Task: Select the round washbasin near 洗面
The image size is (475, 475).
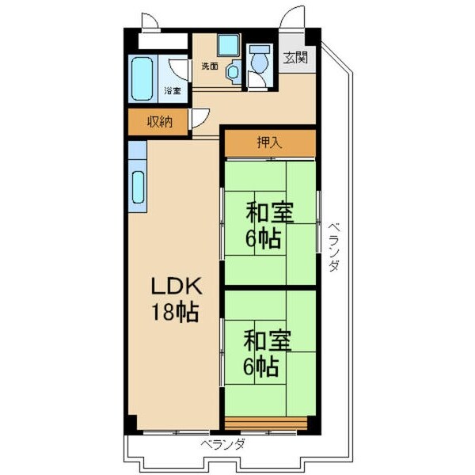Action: tap(232, 73)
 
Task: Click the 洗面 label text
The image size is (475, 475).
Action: tap(210, 66)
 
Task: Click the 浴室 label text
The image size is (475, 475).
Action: tap(172, 90)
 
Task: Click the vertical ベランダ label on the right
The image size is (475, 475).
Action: tap(333, 246)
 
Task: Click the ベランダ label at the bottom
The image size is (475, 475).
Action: tap(222, 444)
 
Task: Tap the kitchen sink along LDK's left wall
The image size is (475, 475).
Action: tap(137, 187)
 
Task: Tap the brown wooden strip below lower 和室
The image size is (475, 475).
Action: tap(264, 420)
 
